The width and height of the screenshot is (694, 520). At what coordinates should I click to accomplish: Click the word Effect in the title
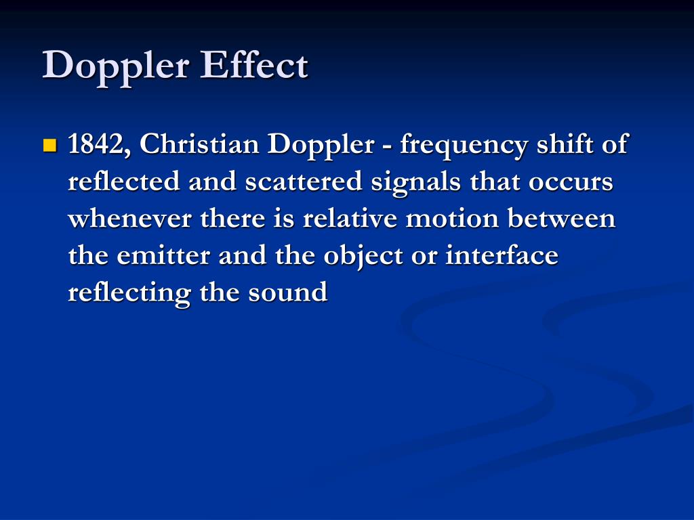254,65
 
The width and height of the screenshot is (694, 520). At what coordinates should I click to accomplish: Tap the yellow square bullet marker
50,146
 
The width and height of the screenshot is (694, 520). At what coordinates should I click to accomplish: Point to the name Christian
199,144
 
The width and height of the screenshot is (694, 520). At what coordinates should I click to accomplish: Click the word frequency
464,146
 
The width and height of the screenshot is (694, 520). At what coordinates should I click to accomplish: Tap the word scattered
304,181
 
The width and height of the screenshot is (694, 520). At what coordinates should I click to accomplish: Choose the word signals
415,183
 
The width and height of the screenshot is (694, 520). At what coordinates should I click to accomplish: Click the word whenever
129,219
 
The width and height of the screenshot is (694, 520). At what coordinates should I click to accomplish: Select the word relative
350,219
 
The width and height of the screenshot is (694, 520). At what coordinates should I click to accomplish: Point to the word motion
452,219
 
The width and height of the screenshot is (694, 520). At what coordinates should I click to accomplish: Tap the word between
561,219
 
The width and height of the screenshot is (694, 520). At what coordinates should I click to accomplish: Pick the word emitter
163,255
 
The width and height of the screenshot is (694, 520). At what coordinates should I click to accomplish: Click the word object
363,257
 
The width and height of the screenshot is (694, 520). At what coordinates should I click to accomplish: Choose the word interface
502,255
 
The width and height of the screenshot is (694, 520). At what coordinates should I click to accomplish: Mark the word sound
287,292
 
